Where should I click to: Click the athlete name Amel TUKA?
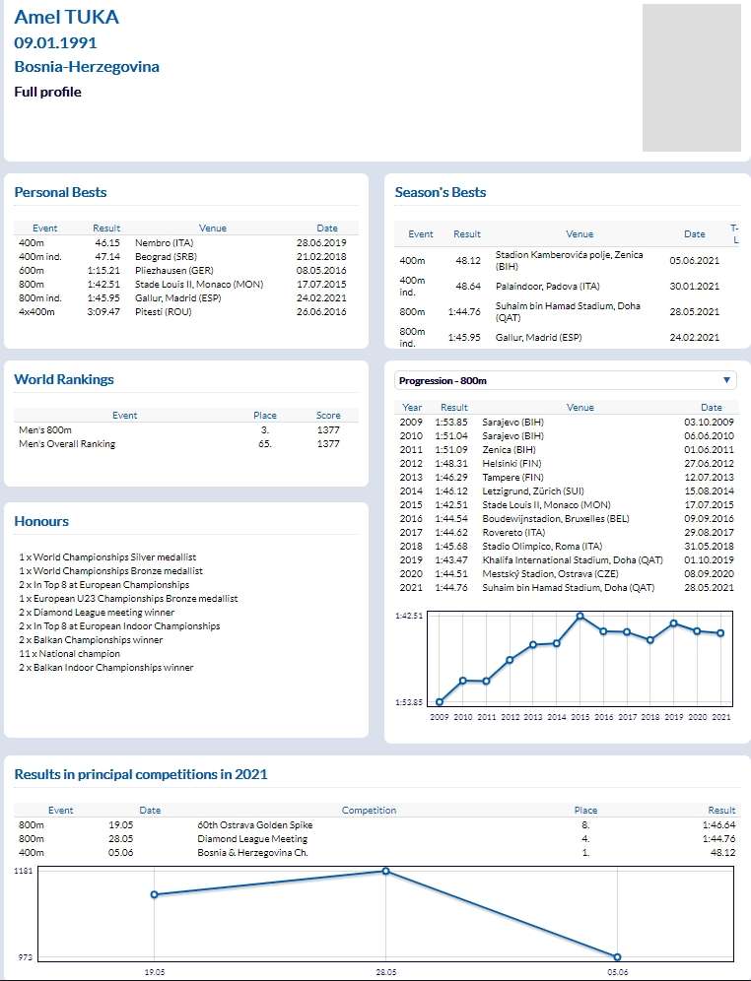(x=66, y=17)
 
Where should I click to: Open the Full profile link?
(x=47, y=92)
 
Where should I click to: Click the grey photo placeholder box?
(x=691, y=78)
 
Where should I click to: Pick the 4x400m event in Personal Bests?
(x=36, y=312)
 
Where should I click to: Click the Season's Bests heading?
(x=440, y=192)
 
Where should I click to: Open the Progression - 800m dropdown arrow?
(x=727, y=380)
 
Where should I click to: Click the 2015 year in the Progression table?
(x=411, y=504)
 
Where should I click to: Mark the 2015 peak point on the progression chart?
(x=580, y=617)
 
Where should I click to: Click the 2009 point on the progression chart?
(x=440, y=702)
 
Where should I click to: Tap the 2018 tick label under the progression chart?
(x=650, y=717)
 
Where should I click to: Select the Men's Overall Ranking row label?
(x=67, y=444)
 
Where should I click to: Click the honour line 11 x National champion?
(x=69, y=654)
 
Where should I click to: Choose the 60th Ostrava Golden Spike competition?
(x=255, y=824)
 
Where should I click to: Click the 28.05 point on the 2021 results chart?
(x=385, y=871)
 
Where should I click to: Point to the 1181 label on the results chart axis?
(x=24, y=871)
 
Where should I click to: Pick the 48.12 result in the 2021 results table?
(x=722, y=852)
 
